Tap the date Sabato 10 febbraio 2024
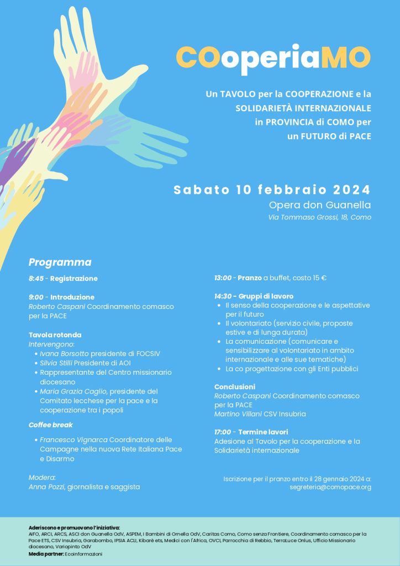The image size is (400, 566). (272, 190)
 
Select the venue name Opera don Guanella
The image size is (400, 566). (319, 205)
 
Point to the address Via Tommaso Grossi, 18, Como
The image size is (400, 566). (319, 217)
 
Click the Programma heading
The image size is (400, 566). (60, 263)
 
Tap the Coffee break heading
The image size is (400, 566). (51, 425)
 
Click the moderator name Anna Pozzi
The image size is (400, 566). (47, 487)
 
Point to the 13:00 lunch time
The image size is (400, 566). (223, 277)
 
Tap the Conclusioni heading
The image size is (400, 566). (235, 387)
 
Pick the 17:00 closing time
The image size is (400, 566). (223, 432)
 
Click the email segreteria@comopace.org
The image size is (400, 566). (330, 487)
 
